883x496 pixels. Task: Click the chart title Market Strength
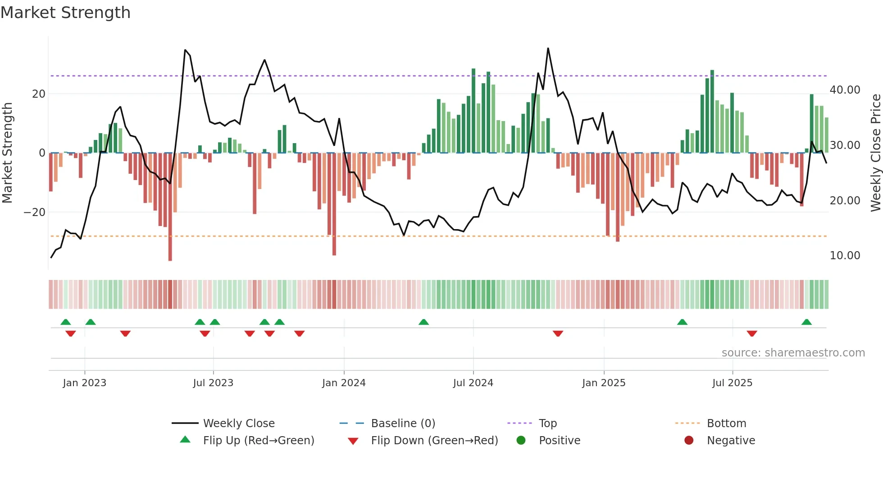pos(65,13)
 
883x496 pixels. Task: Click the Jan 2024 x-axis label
pos(344,383)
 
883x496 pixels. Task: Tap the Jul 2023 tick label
pos(213,383)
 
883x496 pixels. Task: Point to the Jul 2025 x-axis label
pos(732,383)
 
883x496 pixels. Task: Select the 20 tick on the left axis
pos(39,94)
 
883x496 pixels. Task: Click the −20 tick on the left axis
pos(35,212)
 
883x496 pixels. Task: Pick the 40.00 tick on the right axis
pos(845,90)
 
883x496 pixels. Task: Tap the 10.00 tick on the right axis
pos(845,256)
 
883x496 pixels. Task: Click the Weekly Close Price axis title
pos(875,153)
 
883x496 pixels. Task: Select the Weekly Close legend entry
pos(238,424)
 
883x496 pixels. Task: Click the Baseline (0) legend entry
pos(403,424)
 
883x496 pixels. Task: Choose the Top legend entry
pos(547,424)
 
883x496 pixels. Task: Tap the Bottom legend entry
pos(726,424)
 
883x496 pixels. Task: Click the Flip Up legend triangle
pos(185,440)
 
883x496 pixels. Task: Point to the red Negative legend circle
pos(689,440)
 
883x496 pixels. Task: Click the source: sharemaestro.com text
pos(793,353)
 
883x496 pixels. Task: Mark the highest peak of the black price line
pos(548,48)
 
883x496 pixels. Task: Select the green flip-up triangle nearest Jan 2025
pos(682,322)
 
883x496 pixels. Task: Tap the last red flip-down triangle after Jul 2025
pos(751,334)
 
